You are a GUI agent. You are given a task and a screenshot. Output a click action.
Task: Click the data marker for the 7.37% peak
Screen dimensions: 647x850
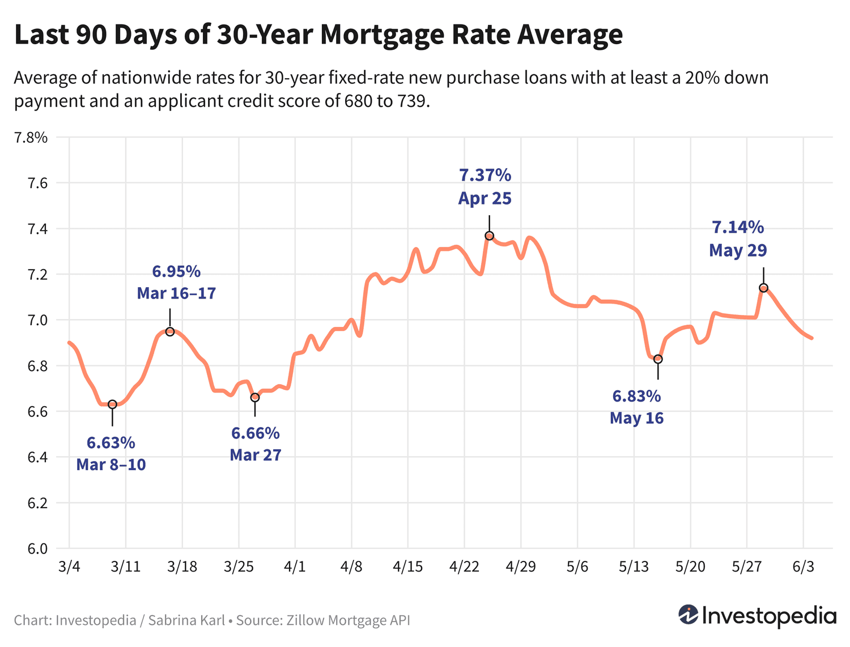click(489, 236)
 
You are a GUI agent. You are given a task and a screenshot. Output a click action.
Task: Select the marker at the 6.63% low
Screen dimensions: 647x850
click(112, 404)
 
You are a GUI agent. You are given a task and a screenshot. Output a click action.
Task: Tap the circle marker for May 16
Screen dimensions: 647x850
click(658, 359)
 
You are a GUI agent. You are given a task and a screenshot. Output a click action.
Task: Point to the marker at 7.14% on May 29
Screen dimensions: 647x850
click(763, 288)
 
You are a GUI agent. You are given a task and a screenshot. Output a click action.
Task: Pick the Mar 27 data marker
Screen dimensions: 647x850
click(255, 397)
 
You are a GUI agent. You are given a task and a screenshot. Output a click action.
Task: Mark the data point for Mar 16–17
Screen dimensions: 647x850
click(169, 331)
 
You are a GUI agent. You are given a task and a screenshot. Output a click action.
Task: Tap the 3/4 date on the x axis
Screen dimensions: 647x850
click(69, 567)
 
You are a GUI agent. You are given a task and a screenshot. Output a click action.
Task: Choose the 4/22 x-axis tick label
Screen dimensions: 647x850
click(464, 567)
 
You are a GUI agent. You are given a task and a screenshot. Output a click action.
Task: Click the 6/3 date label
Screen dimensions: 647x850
click(803, 567)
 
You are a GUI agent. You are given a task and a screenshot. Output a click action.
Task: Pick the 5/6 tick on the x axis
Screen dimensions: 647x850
click(577, 567)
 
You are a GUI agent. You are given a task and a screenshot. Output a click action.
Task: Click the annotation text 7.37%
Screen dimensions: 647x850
click(485, 175)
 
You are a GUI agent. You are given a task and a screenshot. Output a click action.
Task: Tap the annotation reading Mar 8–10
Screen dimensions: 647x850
click(111, 465)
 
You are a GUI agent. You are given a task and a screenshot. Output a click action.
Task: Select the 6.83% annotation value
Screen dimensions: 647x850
click(636, 396)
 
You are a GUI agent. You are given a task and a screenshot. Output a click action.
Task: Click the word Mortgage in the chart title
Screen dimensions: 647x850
click(382, 35)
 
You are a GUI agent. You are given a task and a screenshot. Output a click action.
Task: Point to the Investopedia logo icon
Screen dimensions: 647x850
click(688, 615)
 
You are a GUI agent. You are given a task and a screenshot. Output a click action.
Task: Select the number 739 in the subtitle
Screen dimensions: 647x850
click(410, 101)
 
